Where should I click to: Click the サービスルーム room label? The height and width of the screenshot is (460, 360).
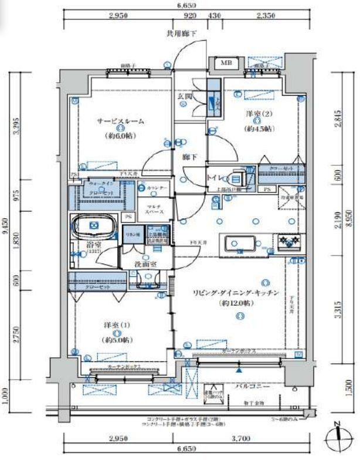coord(120,121)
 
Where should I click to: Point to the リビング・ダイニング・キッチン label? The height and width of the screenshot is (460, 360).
coord(240,292)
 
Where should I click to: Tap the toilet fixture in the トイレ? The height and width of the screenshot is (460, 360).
coord(237,177)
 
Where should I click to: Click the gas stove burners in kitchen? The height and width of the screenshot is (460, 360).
coord(288,242)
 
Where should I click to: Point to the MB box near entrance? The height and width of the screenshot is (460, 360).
coord(226,63)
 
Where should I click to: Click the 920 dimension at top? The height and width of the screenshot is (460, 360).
coord(190,16)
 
